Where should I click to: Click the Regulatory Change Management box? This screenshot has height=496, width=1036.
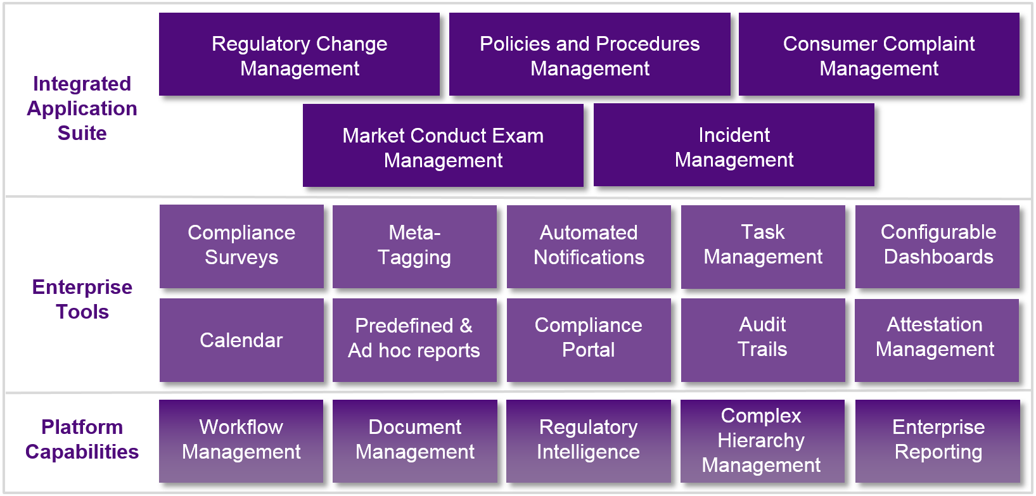pos(299,55)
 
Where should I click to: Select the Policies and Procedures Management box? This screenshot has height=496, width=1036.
pos(589,55)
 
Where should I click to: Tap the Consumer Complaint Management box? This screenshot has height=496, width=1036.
pos(879,55)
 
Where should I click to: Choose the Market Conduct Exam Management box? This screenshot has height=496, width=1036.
pos(443,146)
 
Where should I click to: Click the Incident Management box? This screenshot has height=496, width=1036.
pos(734,146)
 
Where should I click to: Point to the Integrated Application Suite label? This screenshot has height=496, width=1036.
pos(82,108)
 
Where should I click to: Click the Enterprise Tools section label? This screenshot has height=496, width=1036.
pos(82,299)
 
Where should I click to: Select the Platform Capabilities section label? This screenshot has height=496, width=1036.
pos(82,439)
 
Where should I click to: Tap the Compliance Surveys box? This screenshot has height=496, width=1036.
pos(241,246)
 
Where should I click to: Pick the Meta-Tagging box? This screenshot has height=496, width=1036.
pos(414,246)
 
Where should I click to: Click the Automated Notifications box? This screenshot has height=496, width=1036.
pos(589,246)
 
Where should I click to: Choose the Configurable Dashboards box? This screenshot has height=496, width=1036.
pos(938,246)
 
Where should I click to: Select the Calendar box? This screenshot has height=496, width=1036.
pos(241,340)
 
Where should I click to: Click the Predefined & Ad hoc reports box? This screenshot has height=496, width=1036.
pos(414,339)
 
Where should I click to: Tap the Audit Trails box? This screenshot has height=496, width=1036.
pos(763,339)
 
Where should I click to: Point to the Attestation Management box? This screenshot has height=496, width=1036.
pos(935,339)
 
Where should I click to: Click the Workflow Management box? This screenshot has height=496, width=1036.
pos(241,440)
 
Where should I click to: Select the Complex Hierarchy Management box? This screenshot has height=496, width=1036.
pos(762,440)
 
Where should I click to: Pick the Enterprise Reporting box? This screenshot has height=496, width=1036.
pos(938,440)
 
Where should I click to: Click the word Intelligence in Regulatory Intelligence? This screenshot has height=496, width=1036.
pos(588,452)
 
